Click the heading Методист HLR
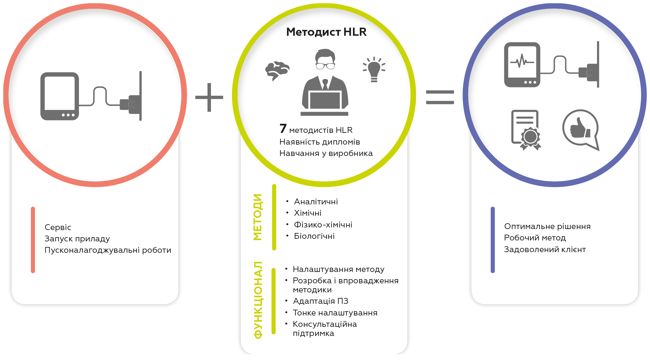pos(326,32)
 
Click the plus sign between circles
pos(209,97)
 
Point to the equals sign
pos(440,97)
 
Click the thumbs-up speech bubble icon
pos(581,130)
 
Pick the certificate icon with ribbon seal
pos(526,130)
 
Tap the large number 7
pos(283,129)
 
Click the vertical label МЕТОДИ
pos(257,217)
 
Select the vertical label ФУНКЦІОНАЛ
pos(258,300)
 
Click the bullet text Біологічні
pos(314,236)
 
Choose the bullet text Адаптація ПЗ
pos(320,301)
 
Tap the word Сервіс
pos(58,227)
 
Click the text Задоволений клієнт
pos(545,250)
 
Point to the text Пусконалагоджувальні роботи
pos(108,250)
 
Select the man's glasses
pos(325,66)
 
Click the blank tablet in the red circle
pos(60,96)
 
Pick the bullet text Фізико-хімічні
pos(323,225)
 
